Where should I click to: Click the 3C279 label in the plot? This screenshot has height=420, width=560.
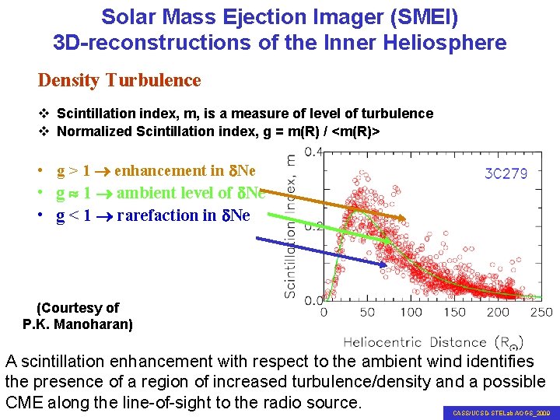(x=506, y=173)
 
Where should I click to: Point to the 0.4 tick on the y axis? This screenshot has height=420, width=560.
(x=313, y=152)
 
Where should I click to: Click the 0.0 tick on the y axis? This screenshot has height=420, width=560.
(x=313, y=300)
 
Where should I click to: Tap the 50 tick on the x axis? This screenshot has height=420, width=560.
(x=367, y=313)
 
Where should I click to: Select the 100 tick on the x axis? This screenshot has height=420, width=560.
(x=411, y=313)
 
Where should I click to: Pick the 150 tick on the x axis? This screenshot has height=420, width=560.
(x=455, y=313)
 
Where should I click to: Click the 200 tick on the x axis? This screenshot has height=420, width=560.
(x=499, y=313)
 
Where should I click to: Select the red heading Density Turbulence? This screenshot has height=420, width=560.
(x=120, y=80)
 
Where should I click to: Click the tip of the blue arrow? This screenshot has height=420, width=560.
(x=387, y=266)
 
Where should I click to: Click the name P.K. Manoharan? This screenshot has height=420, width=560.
(x=78, y=324)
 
